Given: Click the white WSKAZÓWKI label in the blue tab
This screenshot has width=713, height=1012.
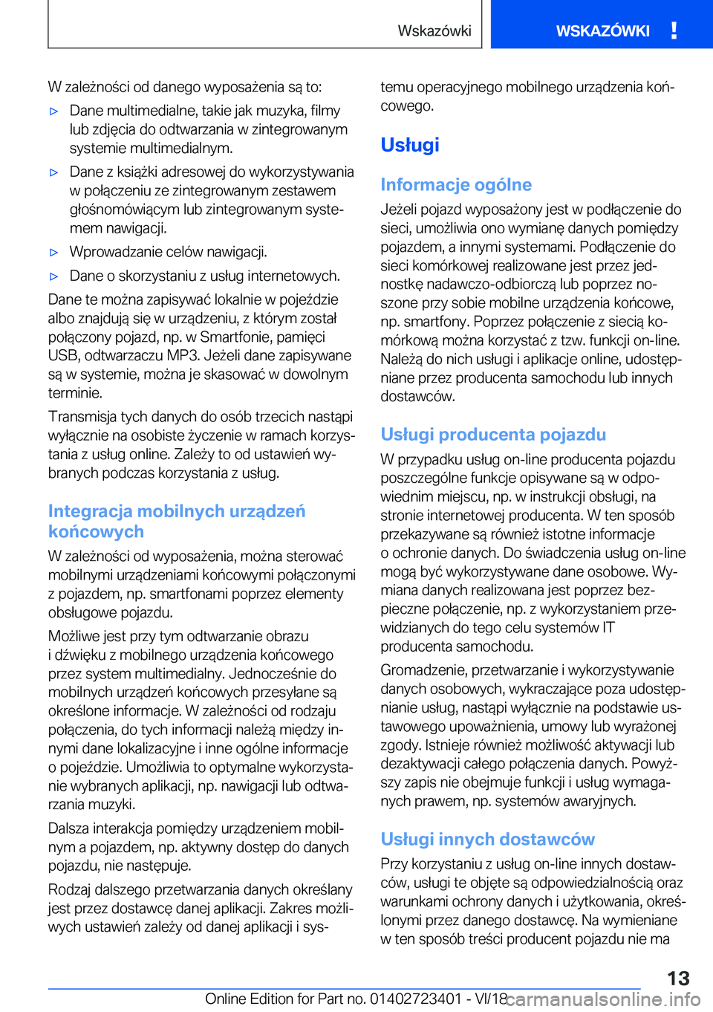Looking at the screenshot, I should coord(602,31).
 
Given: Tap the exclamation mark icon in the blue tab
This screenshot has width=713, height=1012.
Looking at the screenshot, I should coord(674,30).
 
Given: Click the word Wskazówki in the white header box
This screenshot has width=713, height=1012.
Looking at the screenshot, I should coord(434,31).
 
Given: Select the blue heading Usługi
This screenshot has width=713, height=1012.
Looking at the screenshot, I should coord(410,145).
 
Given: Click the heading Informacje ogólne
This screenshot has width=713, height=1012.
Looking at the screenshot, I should coord(456,185).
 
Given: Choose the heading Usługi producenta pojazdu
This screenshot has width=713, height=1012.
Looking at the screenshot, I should coord(493,435).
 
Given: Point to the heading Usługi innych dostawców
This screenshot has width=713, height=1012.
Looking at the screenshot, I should coord(487,840).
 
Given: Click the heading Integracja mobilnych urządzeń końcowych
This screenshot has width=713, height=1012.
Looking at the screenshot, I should coord(177,522).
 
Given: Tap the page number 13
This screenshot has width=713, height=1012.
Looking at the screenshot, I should coord(678,979).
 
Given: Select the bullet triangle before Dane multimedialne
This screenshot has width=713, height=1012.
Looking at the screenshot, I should coord(54,111).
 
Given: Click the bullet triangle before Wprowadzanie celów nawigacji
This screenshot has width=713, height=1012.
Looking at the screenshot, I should coord(54,253).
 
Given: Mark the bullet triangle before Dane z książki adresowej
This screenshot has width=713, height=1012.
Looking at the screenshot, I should coord(54,172).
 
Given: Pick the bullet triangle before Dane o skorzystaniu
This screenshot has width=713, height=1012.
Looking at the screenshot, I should coord(54,276).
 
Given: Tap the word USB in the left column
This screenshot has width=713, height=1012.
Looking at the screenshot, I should coord(63,356).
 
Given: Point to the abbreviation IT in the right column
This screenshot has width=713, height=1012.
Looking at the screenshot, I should coord(608,628).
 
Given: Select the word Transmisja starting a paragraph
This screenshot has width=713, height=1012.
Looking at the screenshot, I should coord(81,417).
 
